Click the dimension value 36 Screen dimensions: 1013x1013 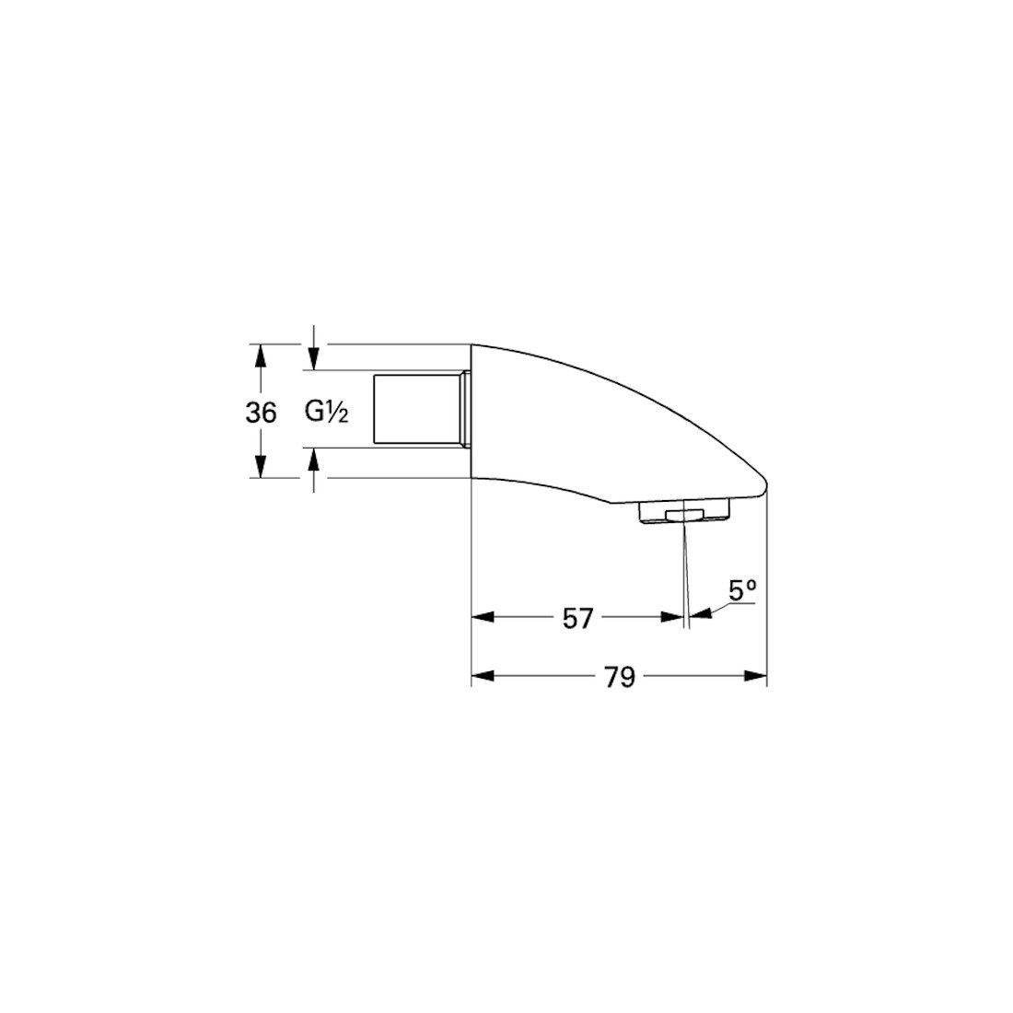(x=261, y=413)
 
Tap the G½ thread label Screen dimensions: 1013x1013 (x=327, y=413)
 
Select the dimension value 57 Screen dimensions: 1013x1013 (x=577, y=619)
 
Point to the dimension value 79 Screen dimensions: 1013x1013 (x=620, y=677)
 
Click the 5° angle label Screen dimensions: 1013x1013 (x=743, y=590)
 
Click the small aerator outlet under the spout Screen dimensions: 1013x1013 (x=684, y=514)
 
